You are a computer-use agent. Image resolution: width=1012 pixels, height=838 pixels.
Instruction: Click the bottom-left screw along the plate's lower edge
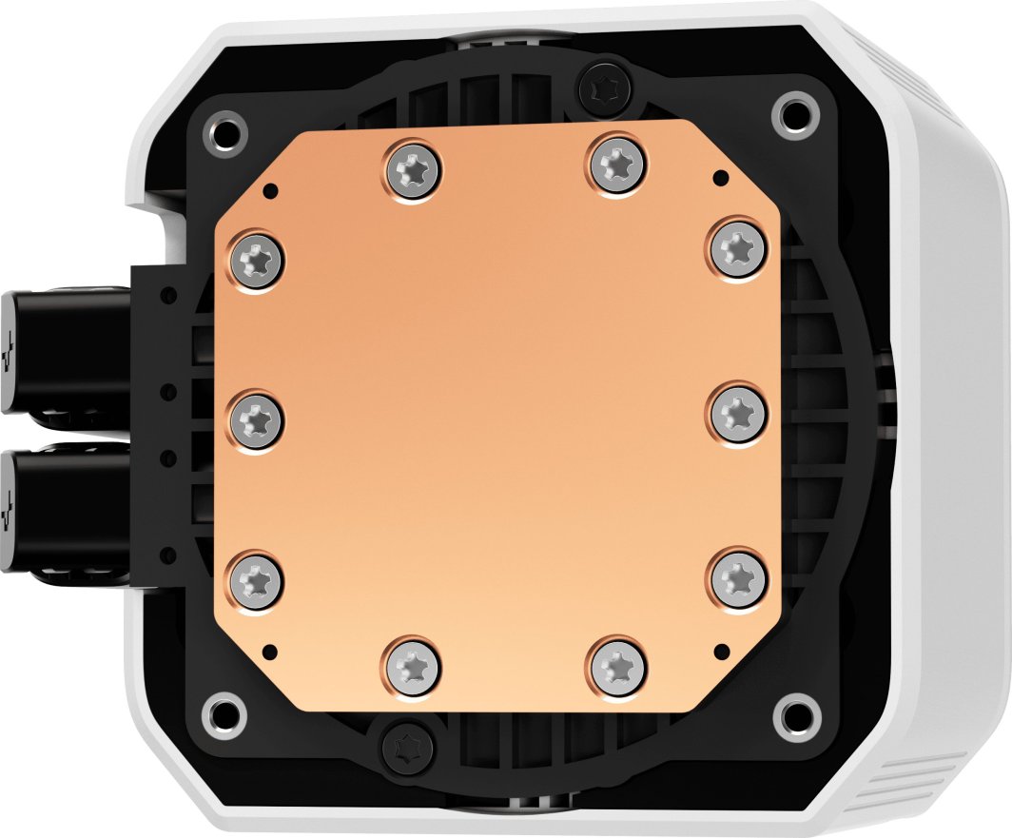click(414, 663)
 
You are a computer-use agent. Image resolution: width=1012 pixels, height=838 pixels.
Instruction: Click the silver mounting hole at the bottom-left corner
click(226, 710)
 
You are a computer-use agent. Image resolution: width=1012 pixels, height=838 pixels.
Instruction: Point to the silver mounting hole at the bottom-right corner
click(791, 716)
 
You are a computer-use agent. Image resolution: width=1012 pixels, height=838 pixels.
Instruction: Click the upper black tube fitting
click(57, 351)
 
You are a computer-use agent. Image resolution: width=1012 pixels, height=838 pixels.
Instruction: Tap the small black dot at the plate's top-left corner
click(272, 188)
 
